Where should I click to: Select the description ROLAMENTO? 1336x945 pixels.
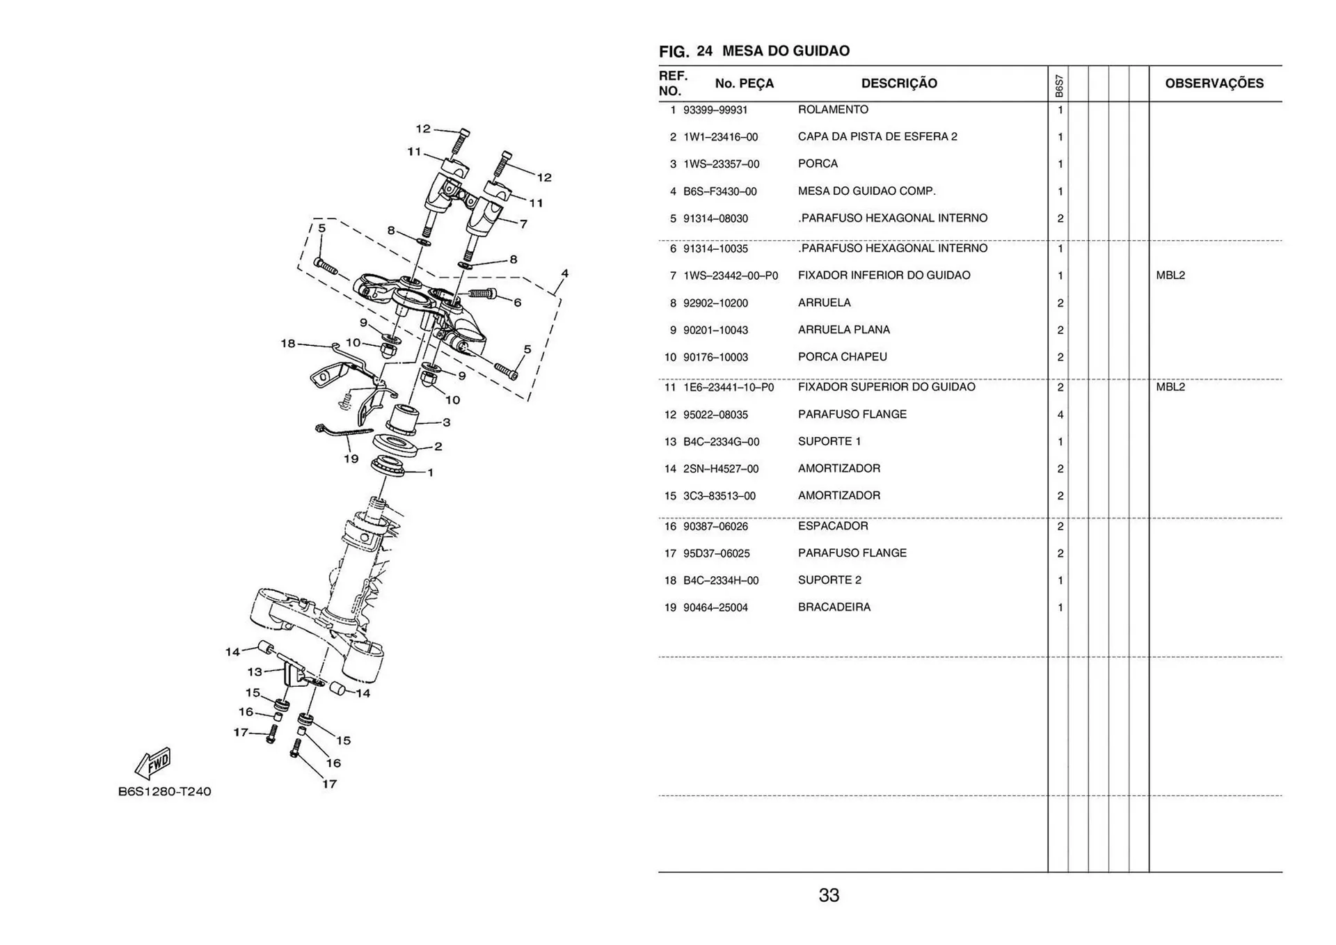(833, 110)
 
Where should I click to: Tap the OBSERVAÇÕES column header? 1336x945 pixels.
(1214, 84)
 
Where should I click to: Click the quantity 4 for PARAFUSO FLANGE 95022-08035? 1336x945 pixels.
(1060, 415)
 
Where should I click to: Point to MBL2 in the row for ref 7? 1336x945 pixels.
(1170, 276)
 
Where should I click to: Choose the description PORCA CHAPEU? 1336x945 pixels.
(842, 357)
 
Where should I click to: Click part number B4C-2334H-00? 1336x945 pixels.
(720, 580)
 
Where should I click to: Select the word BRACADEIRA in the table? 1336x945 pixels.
(834, 607)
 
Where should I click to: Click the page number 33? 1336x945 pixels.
(829, 896)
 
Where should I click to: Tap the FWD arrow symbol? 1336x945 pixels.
(154, 763)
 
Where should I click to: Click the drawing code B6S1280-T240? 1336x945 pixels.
(164, 792)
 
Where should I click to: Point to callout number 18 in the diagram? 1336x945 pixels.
(287, 343)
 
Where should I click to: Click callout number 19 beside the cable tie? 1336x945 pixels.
(351, 459)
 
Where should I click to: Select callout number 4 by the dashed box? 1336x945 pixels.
(564, 273)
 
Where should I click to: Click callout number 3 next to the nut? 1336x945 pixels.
(446, 422)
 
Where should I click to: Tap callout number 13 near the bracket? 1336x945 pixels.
(255, 672)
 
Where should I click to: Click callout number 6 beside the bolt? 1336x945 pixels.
(517, 303)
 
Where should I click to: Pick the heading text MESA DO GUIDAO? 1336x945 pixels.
(786, 51)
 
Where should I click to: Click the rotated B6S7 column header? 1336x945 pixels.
(1058, 86)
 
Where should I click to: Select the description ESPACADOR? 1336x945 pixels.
(833, 526)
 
